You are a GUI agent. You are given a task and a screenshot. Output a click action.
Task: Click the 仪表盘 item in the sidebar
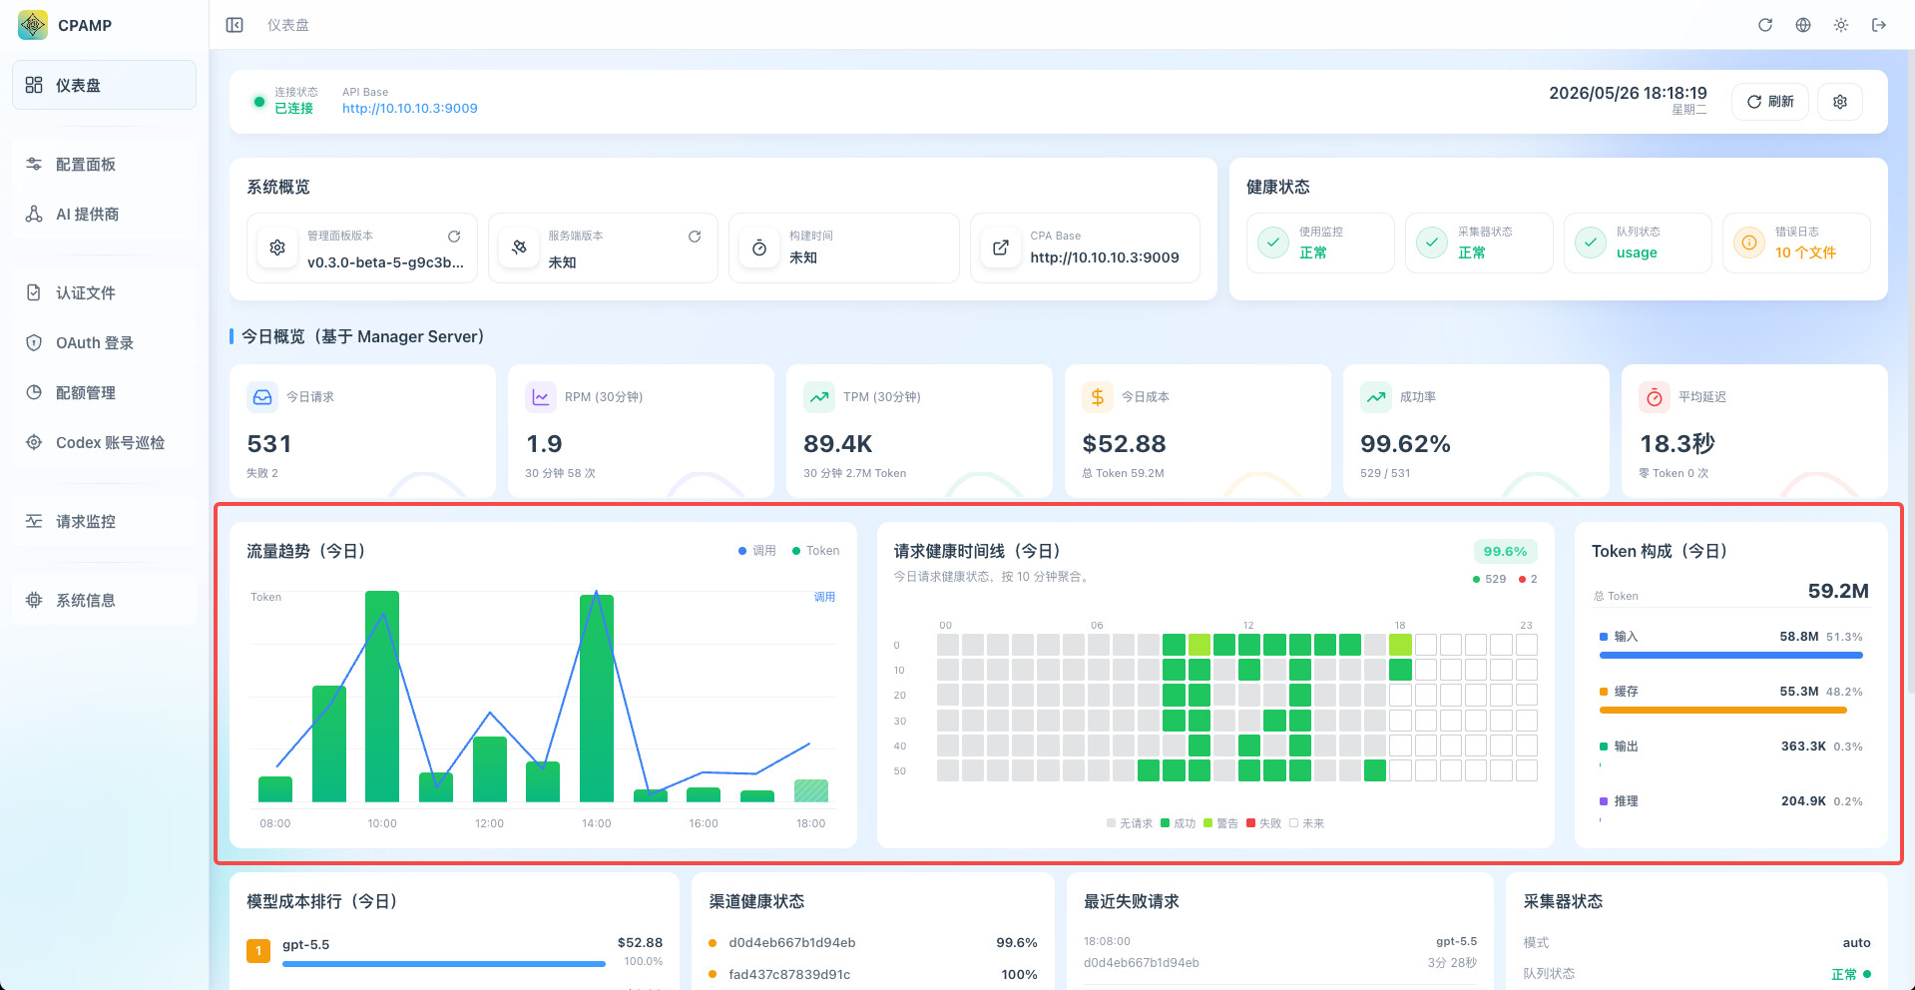click(104, 85)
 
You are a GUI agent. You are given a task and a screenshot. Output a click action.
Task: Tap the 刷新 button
click(1770, 102)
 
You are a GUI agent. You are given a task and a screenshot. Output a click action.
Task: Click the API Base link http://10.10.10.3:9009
click(409, 109)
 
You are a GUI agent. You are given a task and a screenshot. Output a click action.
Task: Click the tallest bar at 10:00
click(382, 696)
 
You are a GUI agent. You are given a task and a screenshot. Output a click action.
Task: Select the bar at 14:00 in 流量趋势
click(597, 698)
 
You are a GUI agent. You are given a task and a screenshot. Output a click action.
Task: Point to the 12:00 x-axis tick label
click(489, 823)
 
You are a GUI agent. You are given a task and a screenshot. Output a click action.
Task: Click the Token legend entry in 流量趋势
click(815, 551)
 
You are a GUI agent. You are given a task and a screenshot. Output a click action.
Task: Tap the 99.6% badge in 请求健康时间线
click(1505, 552)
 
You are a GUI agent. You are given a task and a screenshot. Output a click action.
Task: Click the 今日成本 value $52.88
click(1124, 444)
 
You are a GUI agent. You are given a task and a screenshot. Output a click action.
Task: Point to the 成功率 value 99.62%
click(1405, 444)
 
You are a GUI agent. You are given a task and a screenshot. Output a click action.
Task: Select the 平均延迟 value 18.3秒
click(1677, 444)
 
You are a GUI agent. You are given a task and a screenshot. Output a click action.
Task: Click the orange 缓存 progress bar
click(1722, 711)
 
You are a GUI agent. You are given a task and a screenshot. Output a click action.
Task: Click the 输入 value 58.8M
click(1799, 637)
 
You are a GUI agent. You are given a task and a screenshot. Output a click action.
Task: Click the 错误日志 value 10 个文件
click(1805, 253)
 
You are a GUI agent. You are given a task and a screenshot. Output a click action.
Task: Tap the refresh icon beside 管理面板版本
click(454, 237)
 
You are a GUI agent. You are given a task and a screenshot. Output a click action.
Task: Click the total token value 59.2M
click(1838, 591)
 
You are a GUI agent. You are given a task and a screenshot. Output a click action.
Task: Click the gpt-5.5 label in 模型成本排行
click(305, 944)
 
